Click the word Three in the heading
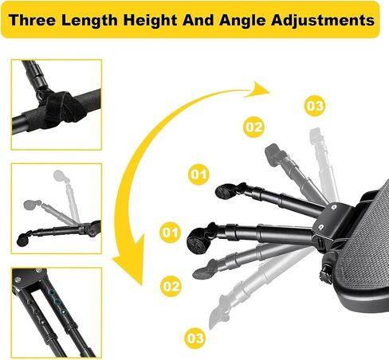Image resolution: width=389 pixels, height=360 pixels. (x=32, y=20)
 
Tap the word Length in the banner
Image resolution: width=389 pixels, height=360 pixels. (x=89, y=21)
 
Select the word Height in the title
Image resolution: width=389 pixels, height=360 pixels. (x=150, y=21)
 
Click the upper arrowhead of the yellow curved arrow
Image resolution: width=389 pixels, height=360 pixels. (x=257, y=90)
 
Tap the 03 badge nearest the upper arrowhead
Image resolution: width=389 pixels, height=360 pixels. (x=315, y=106)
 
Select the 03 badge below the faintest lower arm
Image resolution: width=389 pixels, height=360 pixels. (x=195, y=338)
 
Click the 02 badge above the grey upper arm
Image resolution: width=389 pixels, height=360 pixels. (x=253, y=127)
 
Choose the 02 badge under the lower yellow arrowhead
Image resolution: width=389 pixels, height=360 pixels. (x=171, y=286)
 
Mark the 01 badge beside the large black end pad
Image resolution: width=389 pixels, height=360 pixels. (x=170, y=233)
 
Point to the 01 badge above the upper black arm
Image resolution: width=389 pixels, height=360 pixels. (x=198, y=174)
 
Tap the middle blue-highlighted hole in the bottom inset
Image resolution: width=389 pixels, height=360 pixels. (x=57, y=302)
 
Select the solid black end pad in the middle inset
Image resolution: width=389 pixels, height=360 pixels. (x=22, y=239)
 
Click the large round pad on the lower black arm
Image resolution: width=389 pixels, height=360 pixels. (x=198, y=241)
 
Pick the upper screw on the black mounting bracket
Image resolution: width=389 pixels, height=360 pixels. (x=334, y=207)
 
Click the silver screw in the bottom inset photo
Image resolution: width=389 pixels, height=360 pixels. (x=18, y=280)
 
